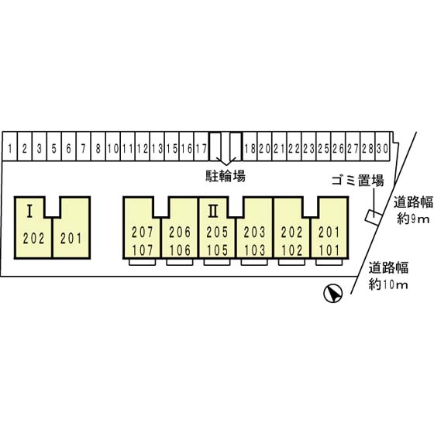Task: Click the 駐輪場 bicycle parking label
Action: pyautogui.click(x=226, y=175)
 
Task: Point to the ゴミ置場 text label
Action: pyautogui.click(x=357, y=181)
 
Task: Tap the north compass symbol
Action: pyautogui.click(x=332, y=294)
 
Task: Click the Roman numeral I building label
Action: pyautogui.click(x=29, y=211)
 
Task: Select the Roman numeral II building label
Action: pyautogui.click(x=213, y=211)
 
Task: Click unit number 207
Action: pyautogui.click(x=143, y=232)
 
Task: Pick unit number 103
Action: pyautogui.click(x=254, y=250)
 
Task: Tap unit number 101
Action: pyautogui.click(x=329, y=250)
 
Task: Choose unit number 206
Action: pyautogui.click(x=180, y=232)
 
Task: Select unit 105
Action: pyautogui.click(x=217, y=250)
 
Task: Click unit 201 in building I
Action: pyautogui.click(x=71, y=239)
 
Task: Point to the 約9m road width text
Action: pyautogui.click(x=413, y=219)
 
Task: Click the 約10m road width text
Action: pyautogui.click(x=388, y=284)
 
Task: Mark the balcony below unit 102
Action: pyautogui.click(x=291, y=262)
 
